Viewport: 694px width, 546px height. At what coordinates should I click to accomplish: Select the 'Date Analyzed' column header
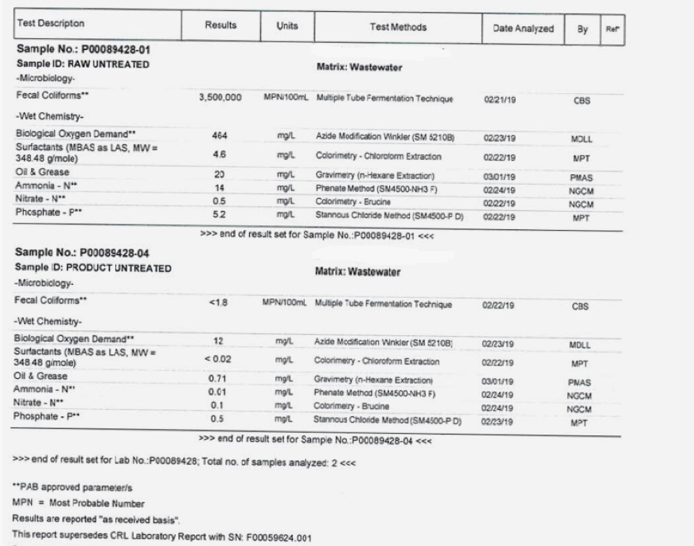[x=523, y=28]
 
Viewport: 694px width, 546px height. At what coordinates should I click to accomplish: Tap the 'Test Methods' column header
[x=398, y=27]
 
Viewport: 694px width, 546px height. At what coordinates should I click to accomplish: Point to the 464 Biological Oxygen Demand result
[x=220, y=135]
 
